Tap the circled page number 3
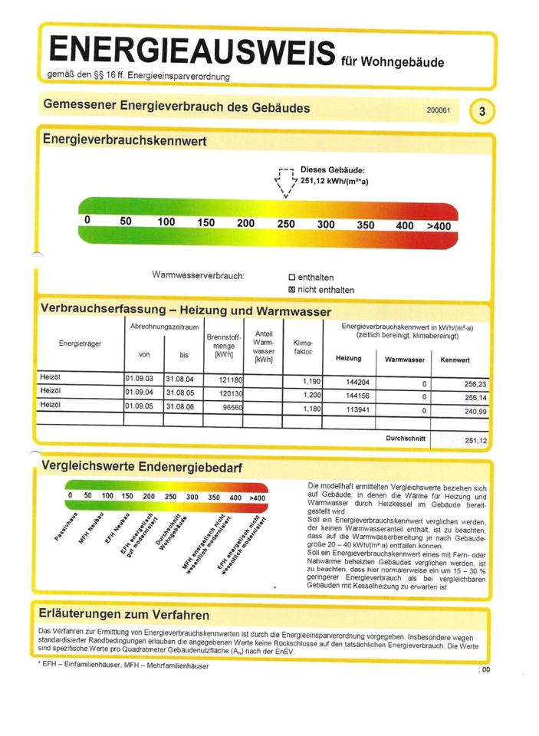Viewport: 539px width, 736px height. coord(481,111)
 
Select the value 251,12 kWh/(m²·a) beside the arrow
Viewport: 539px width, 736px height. coord(334,182)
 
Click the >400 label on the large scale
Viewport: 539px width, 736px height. coord(439,225)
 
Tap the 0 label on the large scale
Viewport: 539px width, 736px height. coord(87,221)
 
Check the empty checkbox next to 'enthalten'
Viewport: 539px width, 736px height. coord(291,278)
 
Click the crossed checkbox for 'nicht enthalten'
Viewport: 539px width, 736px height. coord(291,290)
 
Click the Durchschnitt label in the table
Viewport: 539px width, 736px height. coord(405,437)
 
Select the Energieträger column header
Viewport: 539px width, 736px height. coord(80,343)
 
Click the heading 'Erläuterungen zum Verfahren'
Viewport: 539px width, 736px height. coord(126,615)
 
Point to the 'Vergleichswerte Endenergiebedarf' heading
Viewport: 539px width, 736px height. coord(143,466)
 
